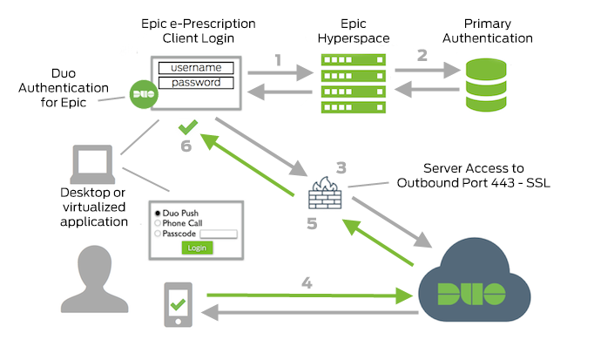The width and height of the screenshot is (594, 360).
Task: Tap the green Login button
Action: point(197,248)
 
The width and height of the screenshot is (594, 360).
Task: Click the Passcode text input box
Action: point(218,234)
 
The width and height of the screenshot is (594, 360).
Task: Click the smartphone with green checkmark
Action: point(178,304)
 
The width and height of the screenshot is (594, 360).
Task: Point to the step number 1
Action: point(278,60)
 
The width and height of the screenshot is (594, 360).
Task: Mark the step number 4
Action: point(306,282)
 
